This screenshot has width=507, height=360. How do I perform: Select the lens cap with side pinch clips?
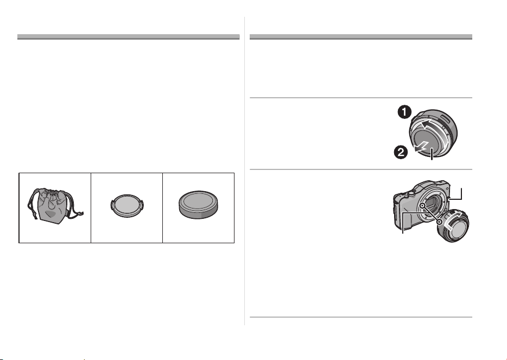click(x=127, y=206)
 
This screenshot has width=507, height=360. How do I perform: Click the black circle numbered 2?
click(x=400, y=152)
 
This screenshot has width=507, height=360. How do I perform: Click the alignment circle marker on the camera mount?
click(x=422, y=205)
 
